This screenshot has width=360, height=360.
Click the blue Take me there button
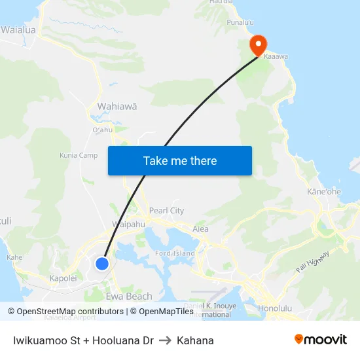pos(180,160)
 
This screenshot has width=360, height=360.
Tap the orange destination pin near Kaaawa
pos(258,45)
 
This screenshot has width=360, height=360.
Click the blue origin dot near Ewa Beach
pos(102,263)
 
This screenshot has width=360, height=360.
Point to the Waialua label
pos(19,30)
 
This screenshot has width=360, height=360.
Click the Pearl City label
pos(166,211)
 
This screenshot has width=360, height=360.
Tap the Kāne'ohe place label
pos(324,192)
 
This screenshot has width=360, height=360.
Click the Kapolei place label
pos(63,278)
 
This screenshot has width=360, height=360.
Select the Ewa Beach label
pos(130,297)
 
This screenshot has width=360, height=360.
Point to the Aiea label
pos(200,229)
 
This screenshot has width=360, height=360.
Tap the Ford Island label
pos(175,253)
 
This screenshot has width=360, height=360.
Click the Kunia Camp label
pos(79,155)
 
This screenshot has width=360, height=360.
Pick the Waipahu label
pos(128,224)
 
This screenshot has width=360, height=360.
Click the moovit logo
pos(320,340)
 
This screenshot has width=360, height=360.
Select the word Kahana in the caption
pos(195,340)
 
